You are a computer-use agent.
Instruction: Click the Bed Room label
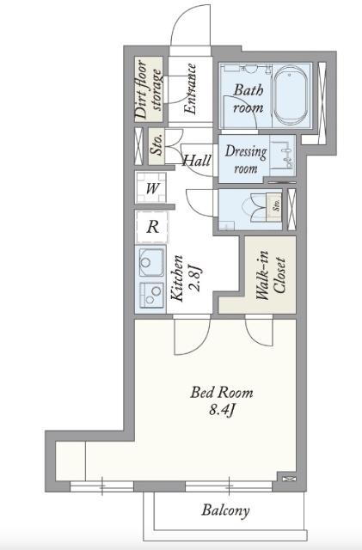(x=222, y=393)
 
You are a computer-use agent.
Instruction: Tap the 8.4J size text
(x=222, y=410)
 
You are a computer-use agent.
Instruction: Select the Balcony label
(x=226, y=510)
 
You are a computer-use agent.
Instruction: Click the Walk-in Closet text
(x=270, y=275)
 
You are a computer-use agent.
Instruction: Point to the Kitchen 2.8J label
(x=187, y=278)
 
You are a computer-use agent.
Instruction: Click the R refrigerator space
(x=152, y=227)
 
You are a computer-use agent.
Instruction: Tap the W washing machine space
(x=151, y=188)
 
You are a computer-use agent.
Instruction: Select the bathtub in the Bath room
(x=291, y=95)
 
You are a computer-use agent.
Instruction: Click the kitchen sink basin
(x=151, y=262)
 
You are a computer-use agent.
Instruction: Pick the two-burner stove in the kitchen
(x=152, y=294)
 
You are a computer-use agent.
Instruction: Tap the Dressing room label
(x=246, y=159)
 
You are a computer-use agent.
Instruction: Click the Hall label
(x=197, y=161)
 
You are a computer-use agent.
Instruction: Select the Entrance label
(x=190, y=89)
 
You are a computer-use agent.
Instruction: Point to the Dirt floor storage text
(x=149, y=89)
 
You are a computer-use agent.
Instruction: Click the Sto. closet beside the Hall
(x=156, y=146)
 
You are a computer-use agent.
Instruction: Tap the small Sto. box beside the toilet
(x=274, y=207)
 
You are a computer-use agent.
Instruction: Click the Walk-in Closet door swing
(x=259, y=332)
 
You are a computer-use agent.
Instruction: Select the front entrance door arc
(x=191, y=25)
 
